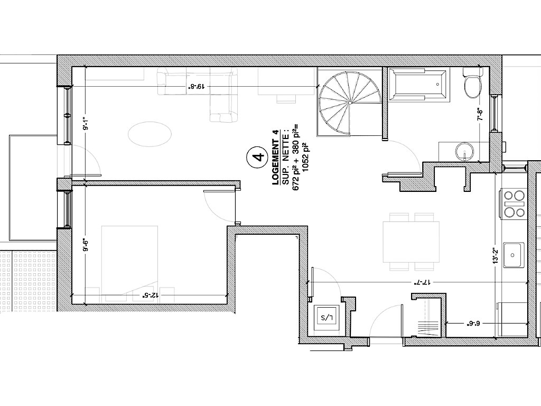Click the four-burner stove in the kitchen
tap(514, 204)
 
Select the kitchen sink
tap(514, 255)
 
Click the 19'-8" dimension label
tap(197, 86)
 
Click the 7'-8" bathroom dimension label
tap(480, 114)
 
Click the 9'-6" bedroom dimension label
tap(86, 245)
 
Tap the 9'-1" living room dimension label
tap(86, 123)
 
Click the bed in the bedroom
tap(130, 264)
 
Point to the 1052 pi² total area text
tap(305, 158)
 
